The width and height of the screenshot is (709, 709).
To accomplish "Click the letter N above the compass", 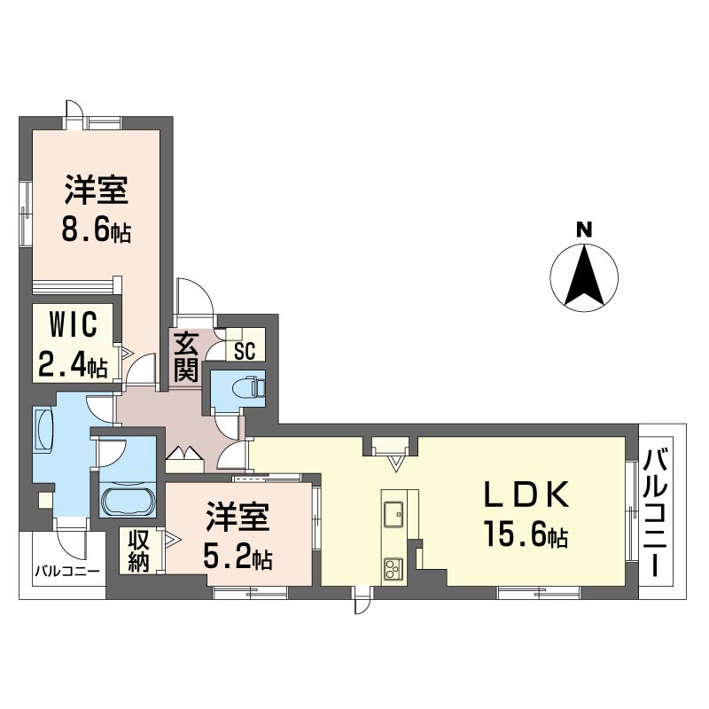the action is pyautogui.click(x=584, y=230).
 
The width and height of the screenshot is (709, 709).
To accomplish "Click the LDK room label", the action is pyautogui.click(x=526, y=495).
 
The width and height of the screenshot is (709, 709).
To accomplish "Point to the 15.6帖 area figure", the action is pyautogui.click(x=526, y=534).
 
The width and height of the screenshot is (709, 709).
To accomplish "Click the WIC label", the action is pyautogui.click(x=74, y=324).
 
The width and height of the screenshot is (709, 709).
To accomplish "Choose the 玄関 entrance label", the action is pyautogui.click(x=187, y=357).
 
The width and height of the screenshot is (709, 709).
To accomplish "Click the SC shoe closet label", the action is pyautogui.click(x=245, y=350).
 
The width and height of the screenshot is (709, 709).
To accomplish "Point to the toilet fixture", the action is pyautogui.click(x=248, y=387).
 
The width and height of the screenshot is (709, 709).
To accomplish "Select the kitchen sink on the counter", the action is pyautogui.click(x=393, y=514).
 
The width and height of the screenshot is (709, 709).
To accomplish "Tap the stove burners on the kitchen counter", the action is pyautogui.click(x=393, y=569).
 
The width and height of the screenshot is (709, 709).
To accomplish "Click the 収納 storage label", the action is pyautogui.click(x=138, y=550).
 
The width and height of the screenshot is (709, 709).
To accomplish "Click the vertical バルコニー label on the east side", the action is pyautogui.click(x=656, y=513).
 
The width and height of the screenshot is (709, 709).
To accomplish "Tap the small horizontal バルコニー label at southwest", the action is pyautogui.click(x=68, y=571).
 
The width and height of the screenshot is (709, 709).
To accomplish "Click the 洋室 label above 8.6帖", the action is pyautogui.click(x=96, y=190).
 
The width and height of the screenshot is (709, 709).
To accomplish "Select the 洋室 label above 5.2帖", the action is pyautogui.click(x=238, y=516).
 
